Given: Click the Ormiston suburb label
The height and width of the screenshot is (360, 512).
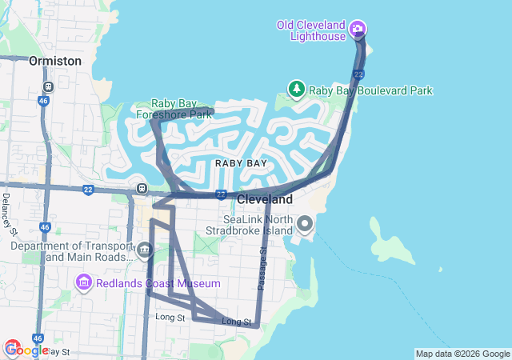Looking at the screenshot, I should click(x=54, y=61).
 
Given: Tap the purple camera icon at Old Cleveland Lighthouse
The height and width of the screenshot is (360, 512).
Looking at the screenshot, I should click(x=358, y=30).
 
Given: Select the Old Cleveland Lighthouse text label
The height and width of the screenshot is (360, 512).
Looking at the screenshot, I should click(x=311, y=30).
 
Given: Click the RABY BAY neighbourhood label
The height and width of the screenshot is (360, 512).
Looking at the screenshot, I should click(x=241, y=163).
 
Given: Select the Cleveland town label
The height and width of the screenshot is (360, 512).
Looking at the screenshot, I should click(x=265, y=198).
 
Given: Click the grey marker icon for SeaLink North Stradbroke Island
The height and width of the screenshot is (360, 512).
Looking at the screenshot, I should click(x=305, y=222).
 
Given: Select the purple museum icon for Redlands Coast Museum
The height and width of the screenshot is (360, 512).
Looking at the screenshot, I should click(x=84, y=282).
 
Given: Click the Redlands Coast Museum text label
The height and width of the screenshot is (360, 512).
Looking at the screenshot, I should click(x=158, y=283).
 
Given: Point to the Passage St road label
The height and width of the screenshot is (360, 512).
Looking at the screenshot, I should click(x=262, y=269).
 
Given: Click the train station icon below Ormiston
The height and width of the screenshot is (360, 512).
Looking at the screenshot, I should click(x=49, y=86).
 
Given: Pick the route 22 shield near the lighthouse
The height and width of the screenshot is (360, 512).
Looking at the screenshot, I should click(x=359, y=74).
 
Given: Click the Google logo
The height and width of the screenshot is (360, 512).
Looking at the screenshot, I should click(x=26, y=350).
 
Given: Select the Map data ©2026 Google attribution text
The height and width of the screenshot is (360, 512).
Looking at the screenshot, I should click(x=462, y=354).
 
